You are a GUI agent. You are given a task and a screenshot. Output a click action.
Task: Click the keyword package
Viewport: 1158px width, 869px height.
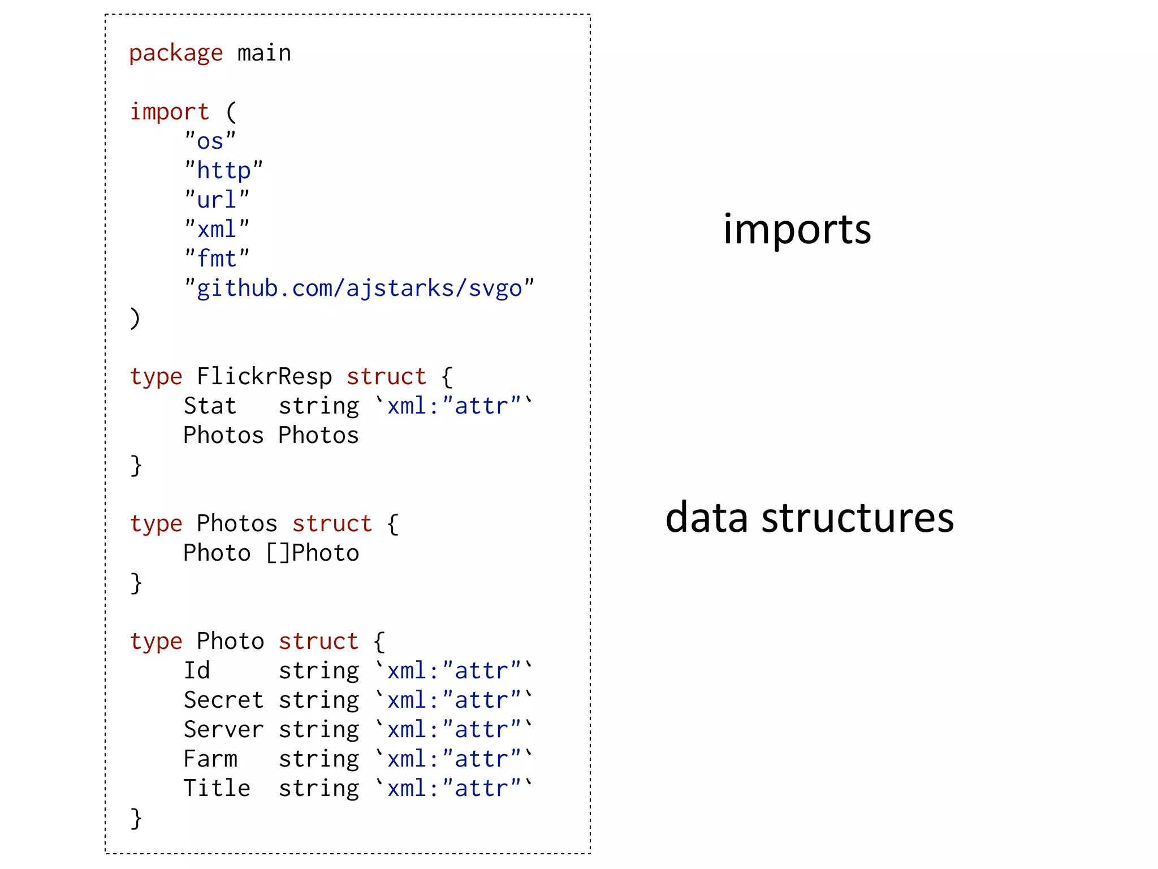coord(176,54)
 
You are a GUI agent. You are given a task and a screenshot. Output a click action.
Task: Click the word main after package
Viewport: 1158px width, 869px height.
coord(264,54)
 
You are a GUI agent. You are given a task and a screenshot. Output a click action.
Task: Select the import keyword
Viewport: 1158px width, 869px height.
coord(170,112)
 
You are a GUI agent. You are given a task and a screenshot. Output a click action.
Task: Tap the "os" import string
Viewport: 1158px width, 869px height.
coord(210,141)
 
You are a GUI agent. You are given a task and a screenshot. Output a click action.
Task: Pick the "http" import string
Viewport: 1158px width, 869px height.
coord(224,170)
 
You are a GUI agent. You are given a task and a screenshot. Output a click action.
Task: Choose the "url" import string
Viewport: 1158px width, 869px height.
coord(217,200)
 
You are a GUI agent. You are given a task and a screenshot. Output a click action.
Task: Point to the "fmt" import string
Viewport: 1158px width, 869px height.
coord(217,259)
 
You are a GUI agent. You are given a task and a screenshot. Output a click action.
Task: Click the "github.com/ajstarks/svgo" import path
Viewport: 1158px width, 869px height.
coord(359,289)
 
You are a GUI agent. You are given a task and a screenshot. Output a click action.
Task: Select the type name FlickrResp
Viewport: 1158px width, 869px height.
coord(264,377)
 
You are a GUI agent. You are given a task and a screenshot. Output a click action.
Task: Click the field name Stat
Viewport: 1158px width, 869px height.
coord(210,406)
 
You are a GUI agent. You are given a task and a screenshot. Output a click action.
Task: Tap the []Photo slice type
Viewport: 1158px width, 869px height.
coord(312,553)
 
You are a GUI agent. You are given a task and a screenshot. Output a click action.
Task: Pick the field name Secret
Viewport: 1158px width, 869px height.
coord(223,700)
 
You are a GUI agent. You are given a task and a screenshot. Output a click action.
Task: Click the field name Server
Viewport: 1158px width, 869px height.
coord(223,730)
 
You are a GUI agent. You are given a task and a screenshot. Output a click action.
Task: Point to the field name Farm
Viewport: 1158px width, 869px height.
coord(210,759)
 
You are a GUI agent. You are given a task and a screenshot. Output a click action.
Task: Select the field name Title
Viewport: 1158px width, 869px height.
coord(217,789)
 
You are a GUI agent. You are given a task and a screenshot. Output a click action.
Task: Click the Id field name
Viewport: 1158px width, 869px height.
coord(197,671)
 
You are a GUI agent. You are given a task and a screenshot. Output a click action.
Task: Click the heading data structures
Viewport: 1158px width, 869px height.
coord(809,518)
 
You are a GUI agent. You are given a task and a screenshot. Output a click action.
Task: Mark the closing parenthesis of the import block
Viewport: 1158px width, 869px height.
coord(135,318)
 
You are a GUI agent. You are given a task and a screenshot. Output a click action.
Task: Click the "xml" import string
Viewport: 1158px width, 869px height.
coord(217,229)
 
